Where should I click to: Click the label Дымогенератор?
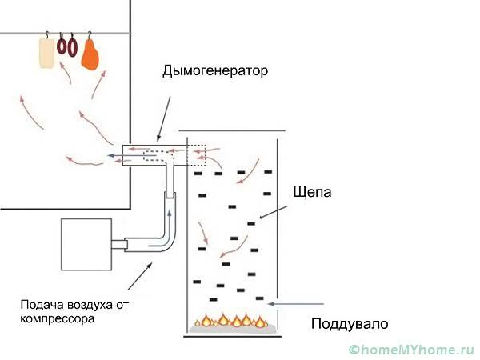tap(214, 70)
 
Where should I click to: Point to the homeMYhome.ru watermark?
tap(409, 350)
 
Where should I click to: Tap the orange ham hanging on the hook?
tap(91, 54)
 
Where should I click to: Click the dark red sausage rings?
tap(67, 46)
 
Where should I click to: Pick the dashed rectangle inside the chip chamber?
tap(197, 154)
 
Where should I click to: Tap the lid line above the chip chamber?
tap(231, 130)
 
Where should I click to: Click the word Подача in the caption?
tap(41, 305)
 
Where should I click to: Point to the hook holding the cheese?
tap(49, 35)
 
